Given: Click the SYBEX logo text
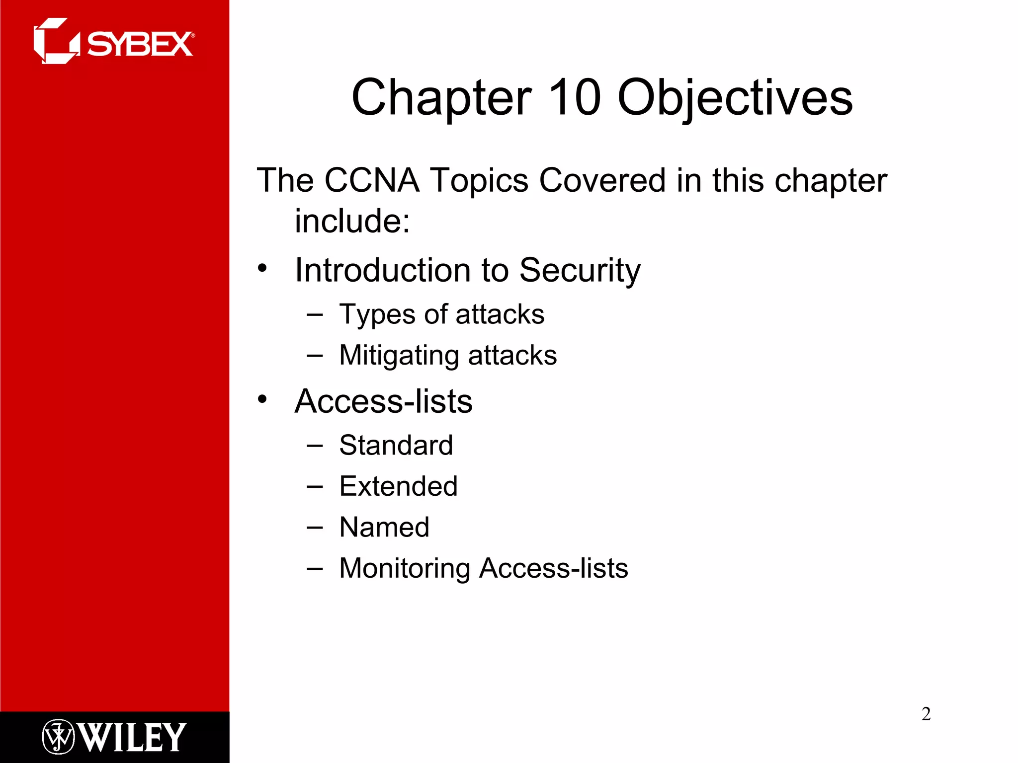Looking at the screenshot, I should point(140,45).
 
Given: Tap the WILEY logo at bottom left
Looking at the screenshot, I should point(114,737).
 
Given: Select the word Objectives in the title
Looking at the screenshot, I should point(735,98).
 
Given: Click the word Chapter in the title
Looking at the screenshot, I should point(441,98).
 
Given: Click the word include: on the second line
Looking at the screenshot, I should point(352,221).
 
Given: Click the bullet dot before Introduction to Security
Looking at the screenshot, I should point(262,269).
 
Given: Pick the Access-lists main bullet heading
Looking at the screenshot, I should point(383,401).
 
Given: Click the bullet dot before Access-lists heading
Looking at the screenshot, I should point(262,399).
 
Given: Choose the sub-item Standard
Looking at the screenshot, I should point(396,445).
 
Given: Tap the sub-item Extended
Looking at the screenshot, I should point(398,486).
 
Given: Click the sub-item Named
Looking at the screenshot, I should point(384,527).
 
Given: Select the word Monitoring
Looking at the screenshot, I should point(404,568).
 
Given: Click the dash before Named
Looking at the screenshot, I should point(315,527).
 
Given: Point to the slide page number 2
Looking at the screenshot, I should point(926,714).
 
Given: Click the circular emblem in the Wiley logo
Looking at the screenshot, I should point(58,737).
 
